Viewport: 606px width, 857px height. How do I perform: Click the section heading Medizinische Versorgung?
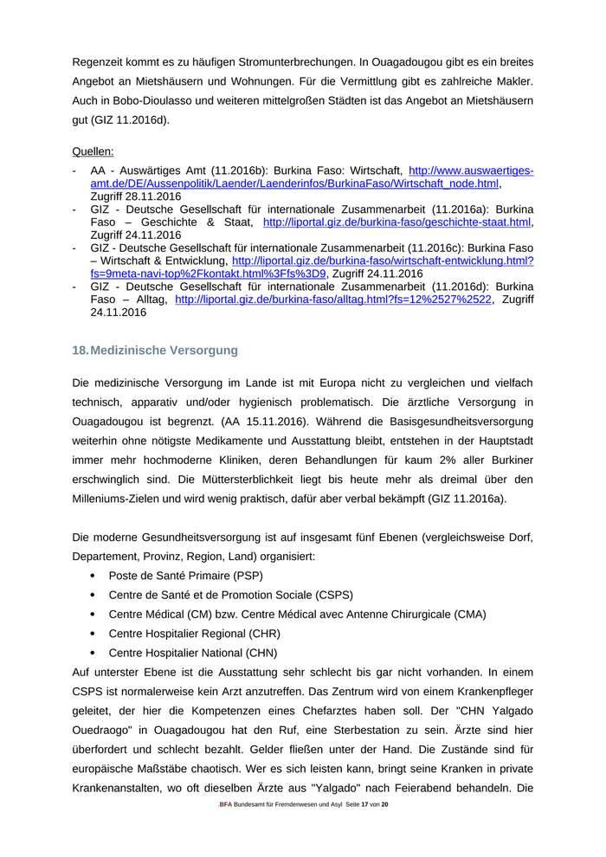point(164,351)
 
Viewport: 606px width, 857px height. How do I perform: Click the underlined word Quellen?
point(93,151)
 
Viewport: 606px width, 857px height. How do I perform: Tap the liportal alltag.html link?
point(333,300)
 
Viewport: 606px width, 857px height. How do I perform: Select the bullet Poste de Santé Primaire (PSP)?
point(185,575)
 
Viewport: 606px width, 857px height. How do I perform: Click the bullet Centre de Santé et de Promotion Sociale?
point(230,595)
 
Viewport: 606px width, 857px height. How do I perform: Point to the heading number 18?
point(80,351)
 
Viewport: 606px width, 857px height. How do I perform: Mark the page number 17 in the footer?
point(364,805)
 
